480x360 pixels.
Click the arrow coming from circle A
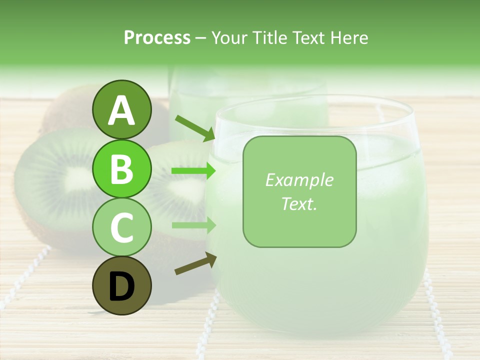click(x=195, y=128)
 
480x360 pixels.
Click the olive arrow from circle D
click(x=195, y=263)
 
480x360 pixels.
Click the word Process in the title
click(x=157, y=37)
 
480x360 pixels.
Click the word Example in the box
click(x=299, y=180)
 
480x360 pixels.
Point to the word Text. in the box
click(x=299, y=203)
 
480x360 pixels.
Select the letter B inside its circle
click(x=121, y=169)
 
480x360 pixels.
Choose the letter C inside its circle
click(x=121, y=228)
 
